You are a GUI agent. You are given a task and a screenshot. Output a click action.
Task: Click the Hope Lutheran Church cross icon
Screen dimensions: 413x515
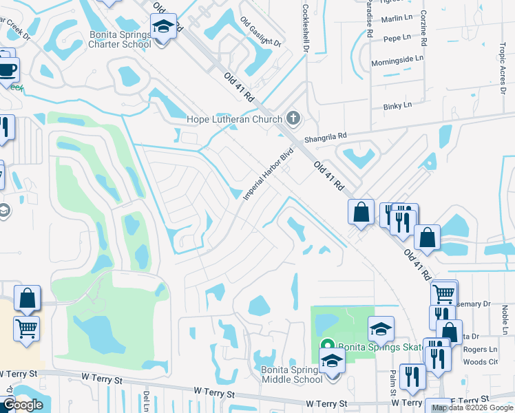point(294,118)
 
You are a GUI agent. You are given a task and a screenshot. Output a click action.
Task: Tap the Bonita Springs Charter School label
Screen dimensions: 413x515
point(119,40)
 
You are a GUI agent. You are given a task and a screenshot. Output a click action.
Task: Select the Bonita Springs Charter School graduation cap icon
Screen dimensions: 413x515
point(163,28)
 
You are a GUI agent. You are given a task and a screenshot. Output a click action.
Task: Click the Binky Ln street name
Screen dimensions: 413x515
point(397,105)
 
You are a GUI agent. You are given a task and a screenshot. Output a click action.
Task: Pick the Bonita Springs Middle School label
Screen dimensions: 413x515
point(293,374)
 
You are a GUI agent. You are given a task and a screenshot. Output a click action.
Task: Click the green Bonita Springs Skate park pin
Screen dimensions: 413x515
point(327,346)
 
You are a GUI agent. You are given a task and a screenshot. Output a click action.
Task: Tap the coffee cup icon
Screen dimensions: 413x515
point(8,70)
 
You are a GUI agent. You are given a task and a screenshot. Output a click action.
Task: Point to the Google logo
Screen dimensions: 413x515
point(23,405)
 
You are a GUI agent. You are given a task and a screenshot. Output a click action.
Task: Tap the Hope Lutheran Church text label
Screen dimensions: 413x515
point(235,119)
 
